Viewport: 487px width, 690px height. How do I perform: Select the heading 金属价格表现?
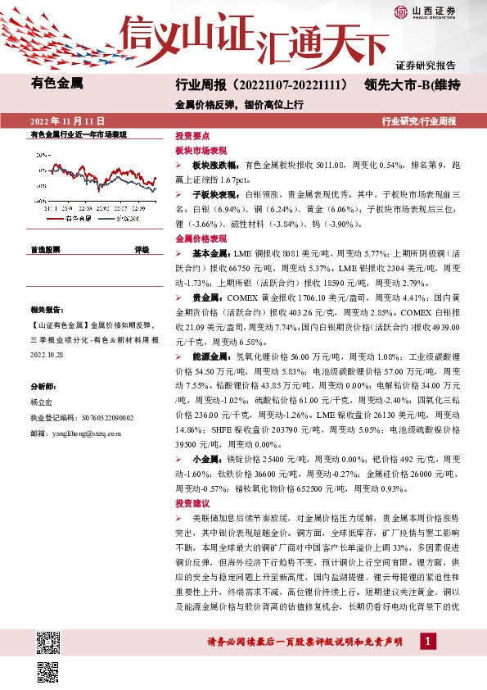tap(201, 238)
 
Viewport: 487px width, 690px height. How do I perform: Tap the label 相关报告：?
tap(48, 311)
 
